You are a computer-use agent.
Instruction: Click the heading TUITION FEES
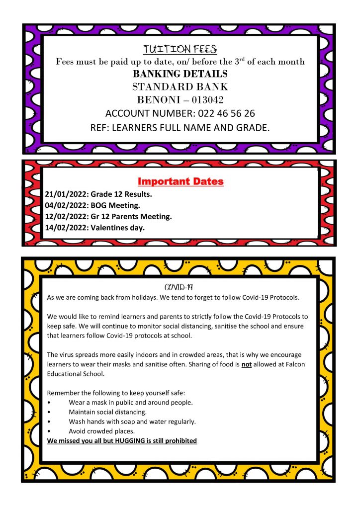(180, 49)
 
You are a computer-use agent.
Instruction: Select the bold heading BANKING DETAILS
(180, 74)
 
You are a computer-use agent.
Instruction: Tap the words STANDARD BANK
(180, 86)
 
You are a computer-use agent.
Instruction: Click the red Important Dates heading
(180, 181)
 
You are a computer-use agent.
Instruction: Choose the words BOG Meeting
(115, 205)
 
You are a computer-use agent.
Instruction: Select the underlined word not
(264, 364)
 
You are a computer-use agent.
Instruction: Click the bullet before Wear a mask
(48, 402)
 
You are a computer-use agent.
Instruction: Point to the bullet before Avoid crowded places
(48, 431)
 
